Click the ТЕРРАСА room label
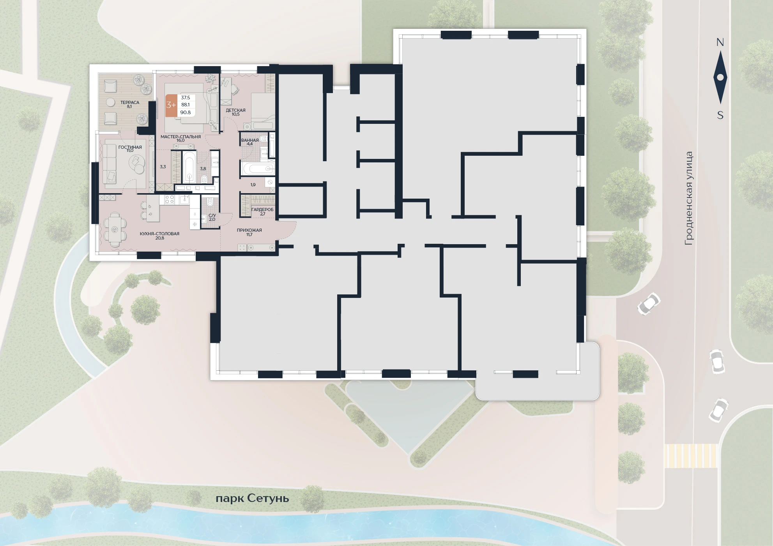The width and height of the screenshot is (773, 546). [129, 102]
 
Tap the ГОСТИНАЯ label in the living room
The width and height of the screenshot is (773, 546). [130, 147]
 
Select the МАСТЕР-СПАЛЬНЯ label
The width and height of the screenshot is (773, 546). [180, 137]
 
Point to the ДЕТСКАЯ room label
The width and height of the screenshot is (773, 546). [235, 110]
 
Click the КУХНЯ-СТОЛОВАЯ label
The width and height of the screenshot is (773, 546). [159, 234]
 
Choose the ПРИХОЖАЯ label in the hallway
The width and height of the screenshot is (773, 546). [249, 230]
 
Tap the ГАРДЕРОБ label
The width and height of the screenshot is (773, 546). [262, 210]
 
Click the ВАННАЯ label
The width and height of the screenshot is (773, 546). [250, 140]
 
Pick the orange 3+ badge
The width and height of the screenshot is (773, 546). [171, 105]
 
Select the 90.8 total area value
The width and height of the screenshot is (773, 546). [186, 113]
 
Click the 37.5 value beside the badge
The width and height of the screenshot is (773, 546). [186, 98]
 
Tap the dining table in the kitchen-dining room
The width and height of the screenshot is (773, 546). [115, 229]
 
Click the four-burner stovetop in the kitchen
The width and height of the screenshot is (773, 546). [169, 200]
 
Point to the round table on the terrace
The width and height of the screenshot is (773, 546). [111, 102]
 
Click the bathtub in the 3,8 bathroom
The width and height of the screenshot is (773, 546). [189, 167]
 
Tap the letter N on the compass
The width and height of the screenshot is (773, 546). [720, 42]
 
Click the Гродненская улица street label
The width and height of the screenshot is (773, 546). [689, 198]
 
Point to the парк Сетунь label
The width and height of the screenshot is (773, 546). [252, 498]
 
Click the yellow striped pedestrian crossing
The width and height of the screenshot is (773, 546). [690, 456]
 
